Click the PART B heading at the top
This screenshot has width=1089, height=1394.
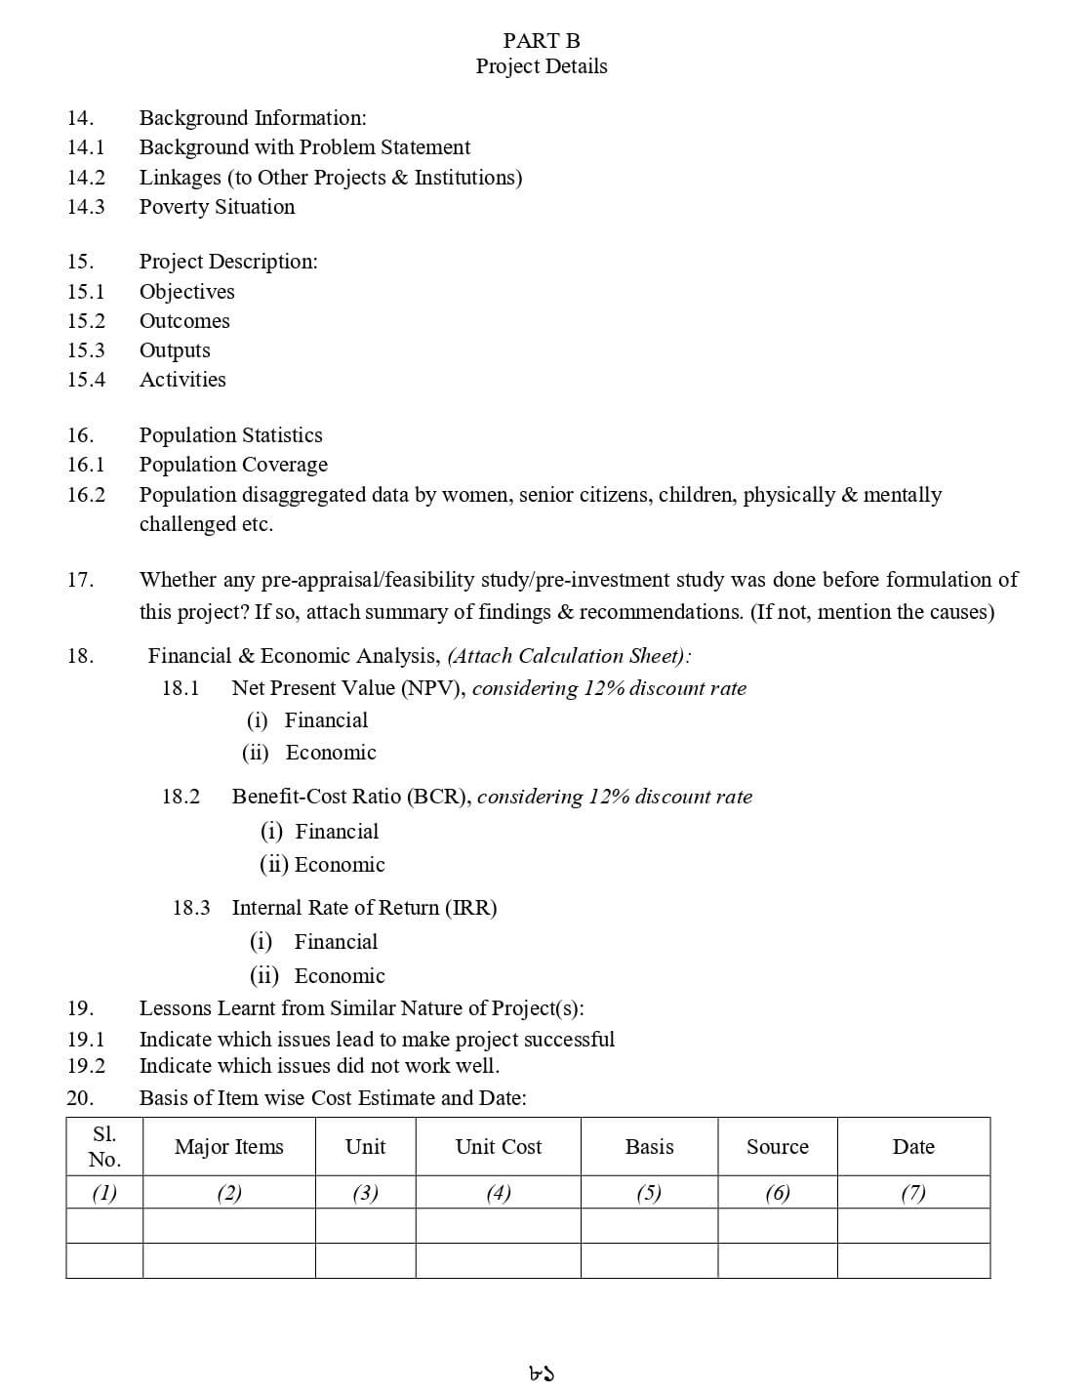[542, 41]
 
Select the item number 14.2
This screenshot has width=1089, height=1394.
[86, 178]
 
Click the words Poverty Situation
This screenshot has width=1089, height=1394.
[217, 207]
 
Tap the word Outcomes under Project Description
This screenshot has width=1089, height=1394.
[184, 321]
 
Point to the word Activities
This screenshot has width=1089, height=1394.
[182, 380]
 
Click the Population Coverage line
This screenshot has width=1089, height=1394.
[233, 465]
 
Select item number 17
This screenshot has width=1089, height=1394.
[80, 580]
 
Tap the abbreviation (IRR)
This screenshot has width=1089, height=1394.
[470, 908]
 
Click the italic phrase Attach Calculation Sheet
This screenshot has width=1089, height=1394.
[569, 656]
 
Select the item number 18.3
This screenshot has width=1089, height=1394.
[191, 908]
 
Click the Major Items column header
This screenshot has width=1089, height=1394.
[229, 1147]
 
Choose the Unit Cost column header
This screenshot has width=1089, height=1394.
[499, 1147]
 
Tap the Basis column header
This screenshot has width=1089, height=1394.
[650, 1147]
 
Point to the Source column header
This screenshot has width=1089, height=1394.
[778, 1147]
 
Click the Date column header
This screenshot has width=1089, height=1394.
[913, 1147]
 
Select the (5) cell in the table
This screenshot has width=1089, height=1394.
[649, 1193]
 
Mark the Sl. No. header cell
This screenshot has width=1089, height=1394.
[104, 1147]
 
